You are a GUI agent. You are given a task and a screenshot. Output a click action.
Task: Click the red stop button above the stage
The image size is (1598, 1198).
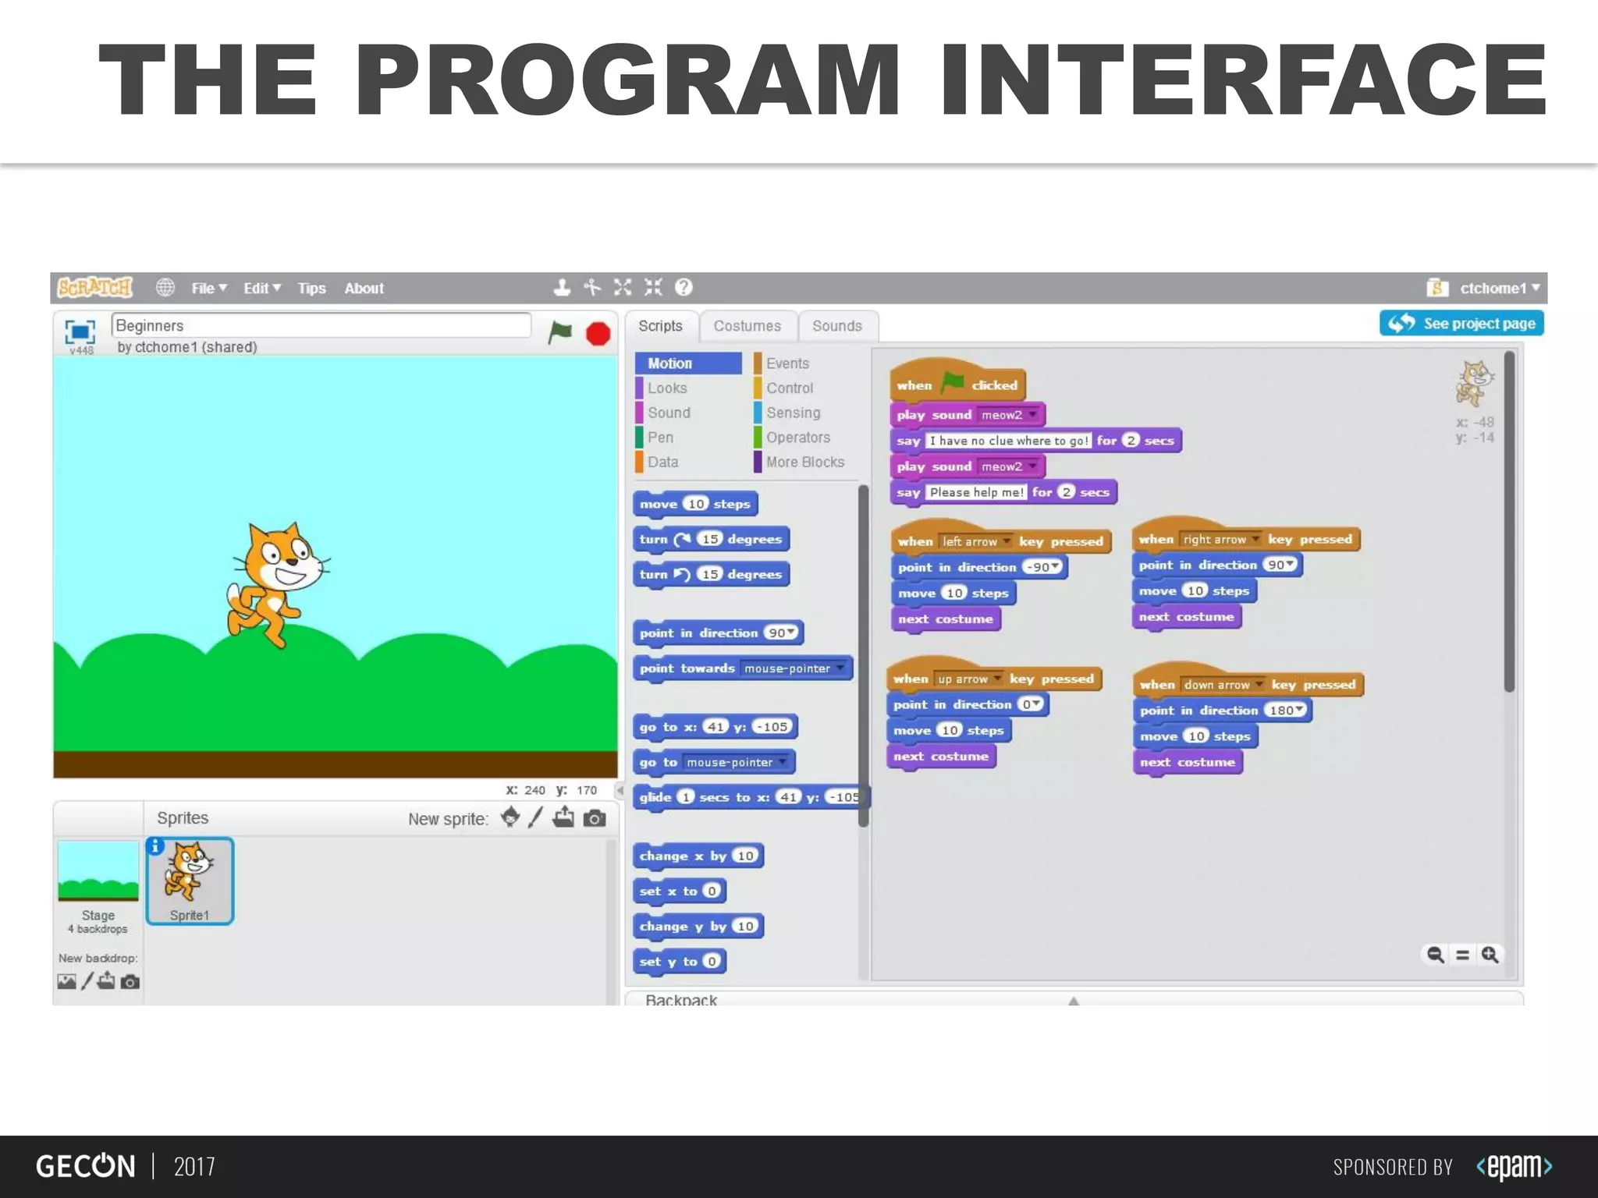click(598, 334)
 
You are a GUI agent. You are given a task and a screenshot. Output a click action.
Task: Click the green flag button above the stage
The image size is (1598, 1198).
click(560, 332)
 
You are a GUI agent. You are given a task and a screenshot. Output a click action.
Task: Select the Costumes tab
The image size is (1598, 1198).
click(747, 326)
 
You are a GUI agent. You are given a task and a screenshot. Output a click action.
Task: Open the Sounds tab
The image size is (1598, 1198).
click(836, 326)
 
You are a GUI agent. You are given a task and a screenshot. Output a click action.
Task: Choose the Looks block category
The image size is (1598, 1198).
click(667, 388)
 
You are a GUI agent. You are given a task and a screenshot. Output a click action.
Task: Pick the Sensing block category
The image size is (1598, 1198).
click(793, 413)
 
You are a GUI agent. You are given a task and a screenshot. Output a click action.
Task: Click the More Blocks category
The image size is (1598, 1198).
click(804, 462)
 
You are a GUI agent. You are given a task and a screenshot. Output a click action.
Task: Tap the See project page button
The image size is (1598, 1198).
click(1461, 324)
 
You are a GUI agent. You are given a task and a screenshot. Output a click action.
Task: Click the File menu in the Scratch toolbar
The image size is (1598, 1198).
click(208, 289)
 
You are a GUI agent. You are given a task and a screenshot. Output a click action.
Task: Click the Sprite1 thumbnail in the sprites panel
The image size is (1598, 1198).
click(190, 881)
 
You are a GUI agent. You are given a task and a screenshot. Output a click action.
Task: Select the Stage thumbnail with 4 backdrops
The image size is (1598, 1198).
click(98, 885)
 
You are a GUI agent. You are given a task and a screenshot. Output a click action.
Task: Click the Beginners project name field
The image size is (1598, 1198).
click(321, 325)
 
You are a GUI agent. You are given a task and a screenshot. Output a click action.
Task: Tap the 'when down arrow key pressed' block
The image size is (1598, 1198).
click(1247, 685)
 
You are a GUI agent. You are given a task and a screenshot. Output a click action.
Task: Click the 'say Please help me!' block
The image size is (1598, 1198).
click(1002, 492)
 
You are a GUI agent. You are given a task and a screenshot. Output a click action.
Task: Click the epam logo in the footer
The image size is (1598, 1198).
click(1514, 1166)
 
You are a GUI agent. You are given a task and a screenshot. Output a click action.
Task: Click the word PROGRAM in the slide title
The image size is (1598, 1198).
click(627, 80)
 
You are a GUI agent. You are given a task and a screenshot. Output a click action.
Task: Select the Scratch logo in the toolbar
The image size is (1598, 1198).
click(95, 288)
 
